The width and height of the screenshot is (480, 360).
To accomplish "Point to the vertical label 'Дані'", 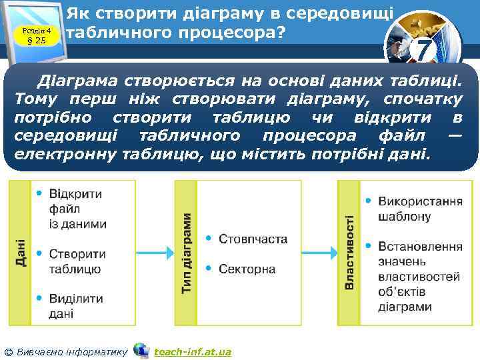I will pos(21,254).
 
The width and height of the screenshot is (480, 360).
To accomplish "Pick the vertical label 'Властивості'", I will pos(349,254).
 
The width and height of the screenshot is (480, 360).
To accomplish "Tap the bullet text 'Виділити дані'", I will pos(71,305).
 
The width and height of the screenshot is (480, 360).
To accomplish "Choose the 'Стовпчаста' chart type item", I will pos(253,239).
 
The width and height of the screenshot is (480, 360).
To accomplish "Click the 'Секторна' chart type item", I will pos(247,269).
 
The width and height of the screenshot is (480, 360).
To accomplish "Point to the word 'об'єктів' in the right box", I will pos(401,291).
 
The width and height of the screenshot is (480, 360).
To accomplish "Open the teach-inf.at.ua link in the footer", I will pos(192,351).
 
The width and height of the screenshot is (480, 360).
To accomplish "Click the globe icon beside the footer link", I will pos(141,350).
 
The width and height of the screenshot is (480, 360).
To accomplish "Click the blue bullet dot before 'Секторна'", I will pos(209,268).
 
